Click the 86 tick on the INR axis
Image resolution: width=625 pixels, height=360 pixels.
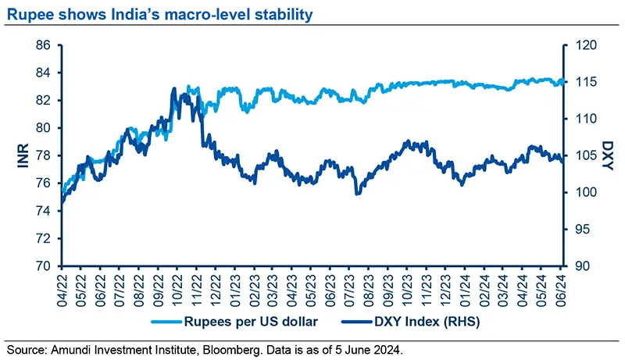click(x=44, y=46)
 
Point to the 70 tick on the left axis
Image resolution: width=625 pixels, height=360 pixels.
click(x=44, y=266)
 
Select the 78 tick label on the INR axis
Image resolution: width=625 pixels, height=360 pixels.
click(x=44, y=156)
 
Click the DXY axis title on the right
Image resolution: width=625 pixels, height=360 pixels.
click(x=608, y=155)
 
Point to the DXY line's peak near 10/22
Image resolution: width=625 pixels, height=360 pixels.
click(x=173, y=89)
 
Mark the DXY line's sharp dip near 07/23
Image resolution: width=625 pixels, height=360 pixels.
click(x=357, y=194)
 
